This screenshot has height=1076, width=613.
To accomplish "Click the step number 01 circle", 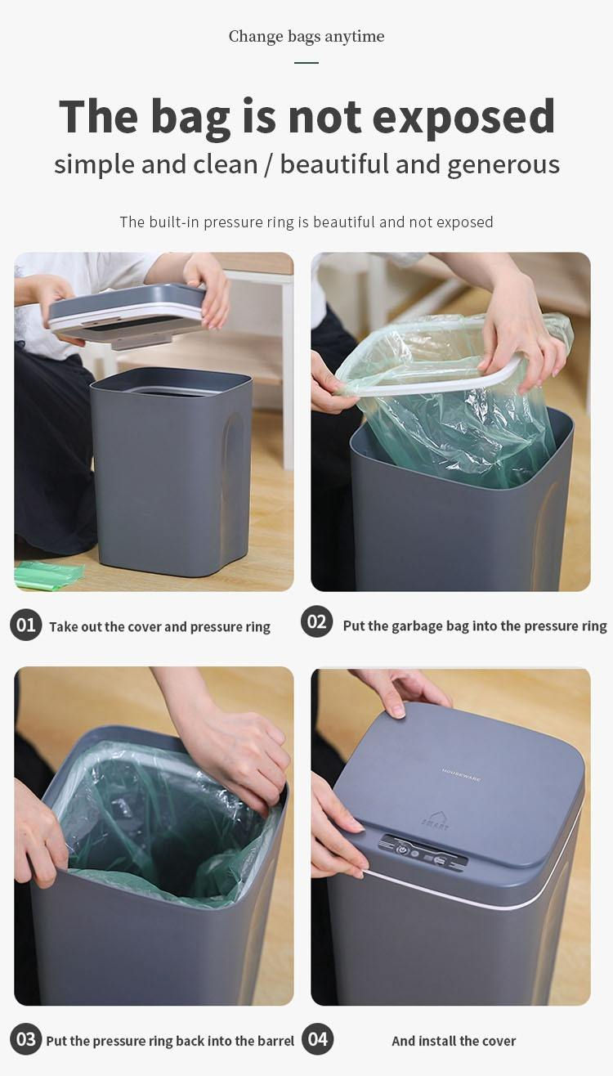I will [25, 625].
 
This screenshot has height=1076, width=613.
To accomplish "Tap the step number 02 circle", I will [316, 621].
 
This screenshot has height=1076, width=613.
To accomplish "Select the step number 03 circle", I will [25, 1039].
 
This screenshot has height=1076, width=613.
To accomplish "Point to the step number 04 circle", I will [317, 1039].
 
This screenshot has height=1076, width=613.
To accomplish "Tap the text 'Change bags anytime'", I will [306, 36].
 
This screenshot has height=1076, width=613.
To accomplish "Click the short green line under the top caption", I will [306, 62].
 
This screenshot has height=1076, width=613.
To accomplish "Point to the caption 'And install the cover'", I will [454, 1041].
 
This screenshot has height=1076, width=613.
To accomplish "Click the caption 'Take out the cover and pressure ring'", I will [159, 627].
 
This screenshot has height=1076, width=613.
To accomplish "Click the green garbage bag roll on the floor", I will [47, 575].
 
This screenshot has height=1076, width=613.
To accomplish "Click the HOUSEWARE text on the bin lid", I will [461, 773].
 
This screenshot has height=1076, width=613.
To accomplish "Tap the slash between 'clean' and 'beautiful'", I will [269, 164].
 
